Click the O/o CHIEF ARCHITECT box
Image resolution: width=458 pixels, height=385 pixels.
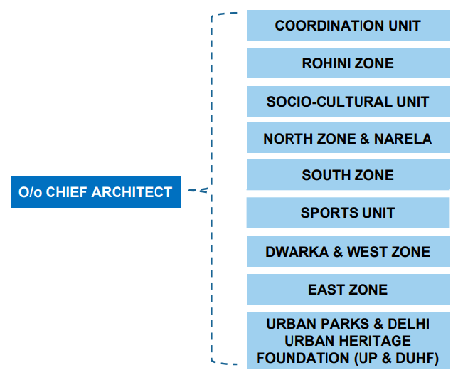(96, 192)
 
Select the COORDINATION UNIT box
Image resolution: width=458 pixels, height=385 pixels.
(348, 25)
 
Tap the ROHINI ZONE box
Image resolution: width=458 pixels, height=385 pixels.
(348, 63)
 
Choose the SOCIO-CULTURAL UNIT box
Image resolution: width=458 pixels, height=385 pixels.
(348, 102)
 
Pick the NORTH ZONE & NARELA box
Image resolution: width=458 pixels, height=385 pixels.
(348, 137)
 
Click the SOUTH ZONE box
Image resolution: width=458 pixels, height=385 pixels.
(348, 175)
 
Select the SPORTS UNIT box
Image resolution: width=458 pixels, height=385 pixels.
(348, 213)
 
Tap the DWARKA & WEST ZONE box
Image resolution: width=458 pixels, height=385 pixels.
(348, 252)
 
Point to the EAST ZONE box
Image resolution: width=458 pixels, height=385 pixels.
(348, 290)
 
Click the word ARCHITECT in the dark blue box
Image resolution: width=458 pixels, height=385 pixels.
(132, 192)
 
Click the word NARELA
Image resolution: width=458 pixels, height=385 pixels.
(403, 139)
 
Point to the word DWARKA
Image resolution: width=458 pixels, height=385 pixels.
(297, 252)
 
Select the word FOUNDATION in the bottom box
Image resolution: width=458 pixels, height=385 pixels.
(303, 358)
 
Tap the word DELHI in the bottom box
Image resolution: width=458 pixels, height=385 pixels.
(408, 324)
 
